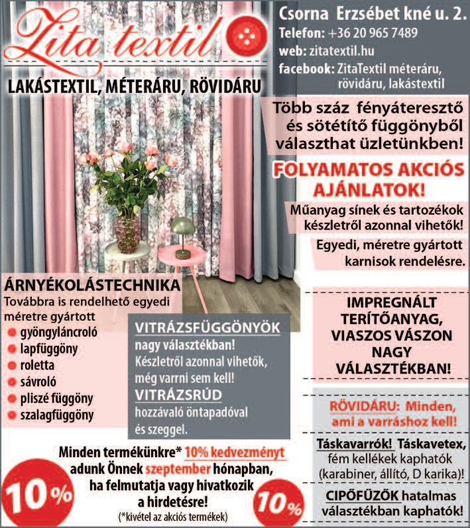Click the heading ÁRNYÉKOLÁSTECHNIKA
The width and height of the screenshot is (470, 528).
pos(93,286)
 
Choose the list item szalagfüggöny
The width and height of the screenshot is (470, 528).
pos(57,415)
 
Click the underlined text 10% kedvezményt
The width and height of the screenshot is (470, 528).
pos(235,452)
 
